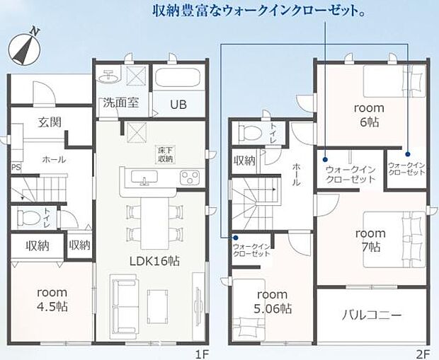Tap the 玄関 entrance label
pos(49,122)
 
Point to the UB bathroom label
pos(178,104)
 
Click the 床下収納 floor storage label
pos(165,153)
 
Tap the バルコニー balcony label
pos(372,314)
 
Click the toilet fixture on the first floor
pos(28,216)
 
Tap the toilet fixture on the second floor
pos(250,132)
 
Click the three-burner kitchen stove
pos(189,177)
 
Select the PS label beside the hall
pos(16,167)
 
